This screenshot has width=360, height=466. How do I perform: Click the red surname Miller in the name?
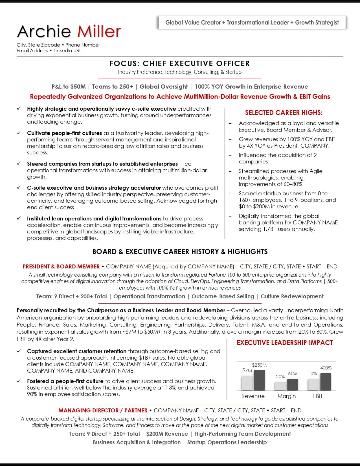click(99, 31)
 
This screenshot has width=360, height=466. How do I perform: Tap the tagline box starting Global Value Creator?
click(252, 23)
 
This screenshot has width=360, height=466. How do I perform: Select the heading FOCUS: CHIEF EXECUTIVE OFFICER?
click(180, 64)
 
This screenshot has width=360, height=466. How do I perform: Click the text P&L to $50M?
click(69, 87)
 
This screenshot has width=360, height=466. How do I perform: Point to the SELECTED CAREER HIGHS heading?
click(284, 113)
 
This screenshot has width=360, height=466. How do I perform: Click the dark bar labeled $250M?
click(259, 380)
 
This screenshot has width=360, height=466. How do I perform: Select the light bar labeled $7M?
click(247, 383)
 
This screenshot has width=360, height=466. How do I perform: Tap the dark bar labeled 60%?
click(292, 384)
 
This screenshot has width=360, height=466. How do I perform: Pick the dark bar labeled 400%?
click(326, 381)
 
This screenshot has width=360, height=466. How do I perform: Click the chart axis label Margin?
click(287, 396)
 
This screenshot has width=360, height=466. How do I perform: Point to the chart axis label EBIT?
click(318, 396)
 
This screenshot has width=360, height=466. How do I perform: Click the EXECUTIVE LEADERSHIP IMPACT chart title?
click(285, 343)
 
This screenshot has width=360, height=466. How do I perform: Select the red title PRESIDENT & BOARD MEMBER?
click(61, 266)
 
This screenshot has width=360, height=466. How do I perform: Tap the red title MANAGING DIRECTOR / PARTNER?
click(103, 410)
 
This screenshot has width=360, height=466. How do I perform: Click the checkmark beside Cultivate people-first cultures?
click(19, 133)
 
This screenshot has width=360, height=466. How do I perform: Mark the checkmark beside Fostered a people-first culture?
click(19, 381)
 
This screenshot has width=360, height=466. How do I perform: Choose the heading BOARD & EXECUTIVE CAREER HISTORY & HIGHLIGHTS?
click(180, 251)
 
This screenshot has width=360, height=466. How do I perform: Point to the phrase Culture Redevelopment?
click(292, 296)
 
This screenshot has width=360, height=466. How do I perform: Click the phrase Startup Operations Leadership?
click(227, 442)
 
